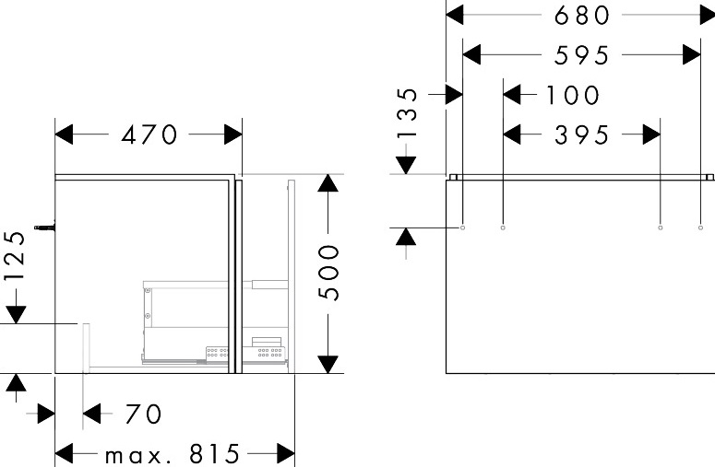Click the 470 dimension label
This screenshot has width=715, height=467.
click(149, 134)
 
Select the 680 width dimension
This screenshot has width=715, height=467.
click(581, 15)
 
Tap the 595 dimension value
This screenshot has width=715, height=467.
click(581, 55)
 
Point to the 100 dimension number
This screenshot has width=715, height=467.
click(572, 95)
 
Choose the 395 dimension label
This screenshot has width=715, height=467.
click(582, 134)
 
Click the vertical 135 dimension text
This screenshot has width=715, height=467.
click(411, 114)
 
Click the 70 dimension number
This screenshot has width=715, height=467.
click(142, 414)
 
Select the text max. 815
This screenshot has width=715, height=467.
click(172, 454)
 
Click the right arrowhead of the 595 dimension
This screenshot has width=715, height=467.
click(691, 55)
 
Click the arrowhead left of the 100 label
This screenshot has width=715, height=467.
click(514, 95)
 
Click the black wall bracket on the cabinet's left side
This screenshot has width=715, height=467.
click(43, 226)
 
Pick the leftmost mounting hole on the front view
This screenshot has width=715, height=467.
click(462, 227)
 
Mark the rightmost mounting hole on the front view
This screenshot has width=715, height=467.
click(700, 227)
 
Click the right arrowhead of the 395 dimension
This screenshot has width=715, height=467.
click(651, 134)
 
